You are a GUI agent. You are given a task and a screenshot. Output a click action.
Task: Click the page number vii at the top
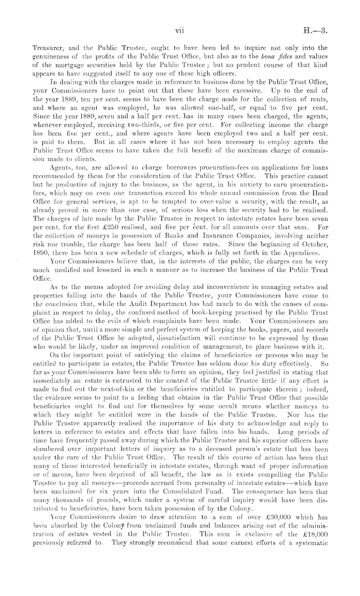pyautogui.click(x=180, y=31)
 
